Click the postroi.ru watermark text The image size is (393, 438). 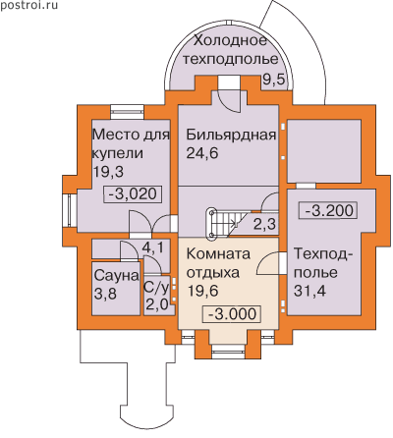pos(28,5)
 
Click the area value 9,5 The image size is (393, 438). pos(274,80)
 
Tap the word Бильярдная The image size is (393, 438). pos(231,135)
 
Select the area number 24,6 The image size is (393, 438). pos(202,153)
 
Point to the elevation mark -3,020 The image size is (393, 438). pos(133,194)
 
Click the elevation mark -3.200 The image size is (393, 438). pos(328,210)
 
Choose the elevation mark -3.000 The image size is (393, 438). pos(232,314)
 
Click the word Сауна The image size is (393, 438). pos(116,276)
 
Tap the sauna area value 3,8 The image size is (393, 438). pos(105,294)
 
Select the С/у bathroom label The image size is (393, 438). pos(156,288)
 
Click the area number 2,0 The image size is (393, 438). pos(157,305)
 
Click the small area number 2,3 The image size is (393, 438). pos(264,225)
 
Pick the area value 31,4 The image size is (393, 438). pos(309,291)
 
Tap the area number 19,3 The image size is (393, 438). pos(108,171)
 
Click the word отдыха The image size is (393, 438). pos(212,273)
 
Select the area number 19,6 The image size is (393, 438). pos(202,291)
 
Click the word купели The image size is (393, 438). pos(118,153)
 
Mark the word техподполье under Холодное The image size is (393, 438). pos(231,59)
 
